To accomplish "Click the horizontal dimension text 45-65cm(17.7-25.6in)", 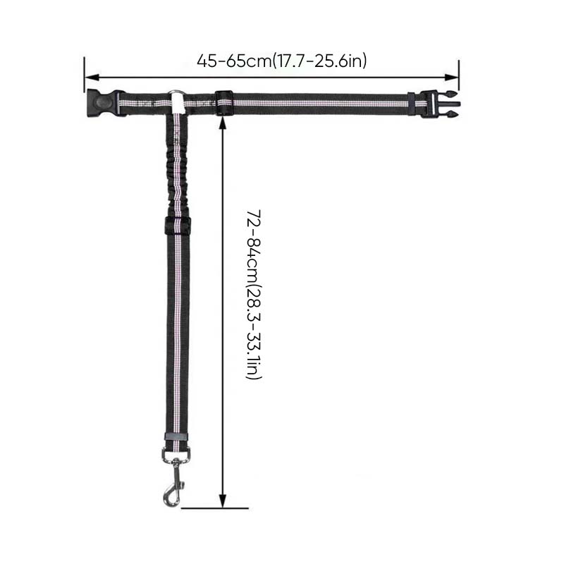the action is [x=281, y=61].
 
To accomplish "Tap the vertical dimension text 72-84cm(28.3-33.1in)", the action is [x=254, y=294].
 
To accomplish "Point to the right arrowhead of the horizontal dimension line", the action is [x=451, y=78].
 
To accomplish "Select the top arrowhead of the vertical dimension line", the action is [x=223, y=123].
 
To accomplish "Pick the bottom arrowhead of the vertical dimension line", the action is [x=223, y=501].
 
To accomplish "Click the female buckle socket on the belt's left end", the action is [x=102, y=103].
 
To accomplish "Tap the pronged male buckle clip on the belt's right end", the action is [x=441, y=104].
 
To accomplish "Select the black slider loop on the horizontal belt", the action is [x=224, y=103].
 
